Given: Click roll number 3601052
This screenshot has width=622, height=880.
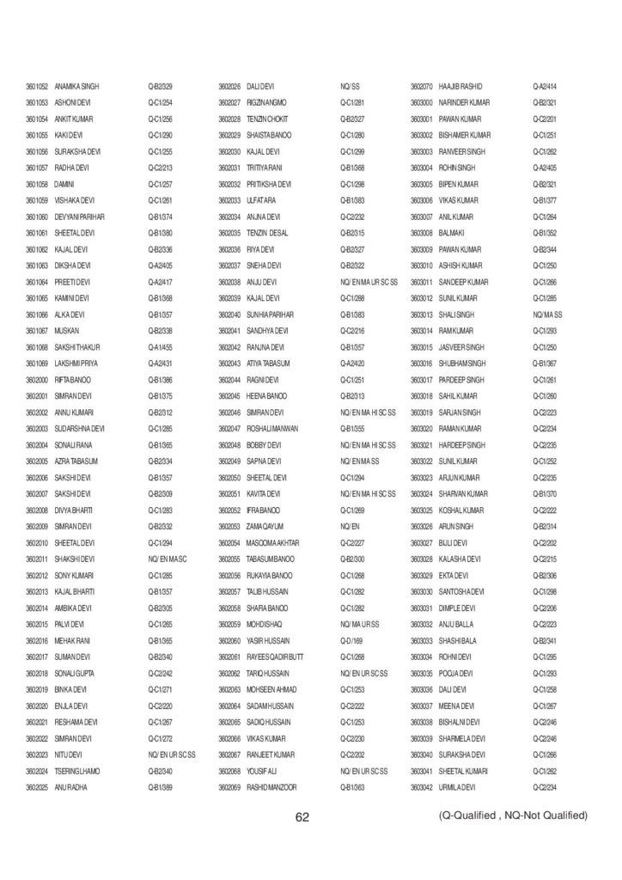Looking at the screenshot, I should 36,87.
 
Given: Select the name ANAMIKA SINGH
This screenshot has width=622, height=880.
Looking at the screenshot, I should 76,87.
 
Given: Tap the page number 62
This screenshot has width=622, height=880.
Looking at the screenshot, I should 302,817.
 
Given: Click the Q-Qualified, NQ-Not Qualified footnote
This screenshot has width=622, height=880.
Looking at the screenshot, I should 513,815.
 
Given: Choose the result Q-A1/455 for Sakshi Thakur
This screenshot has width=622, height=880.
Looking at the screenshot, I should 161,347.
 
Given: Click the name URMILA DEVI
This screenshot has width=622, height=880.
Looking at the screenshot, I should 456,787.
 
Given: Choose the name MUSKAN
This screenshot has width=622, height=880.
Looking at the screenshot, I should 66,331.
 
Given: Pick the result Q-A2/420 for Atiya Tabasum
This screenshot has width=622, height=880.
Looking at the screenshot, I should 353,364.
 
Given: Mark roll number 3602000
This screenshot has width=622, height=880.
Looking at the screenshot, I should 36,380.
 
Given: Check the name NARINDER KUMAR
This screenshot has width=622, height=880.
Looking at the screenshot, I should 464,103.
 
